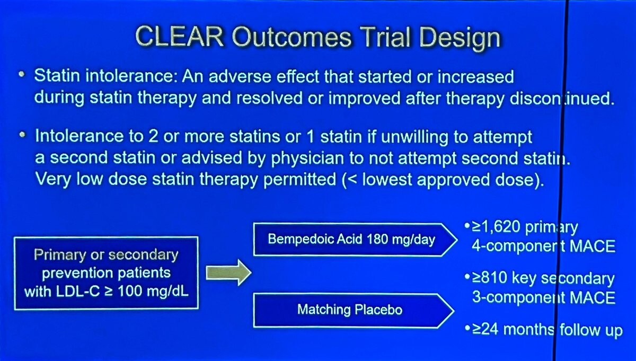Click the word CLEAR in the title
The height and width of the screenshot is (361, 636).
point(180,37)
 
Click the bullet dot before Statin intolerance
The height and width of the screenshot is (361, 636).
point(22,75)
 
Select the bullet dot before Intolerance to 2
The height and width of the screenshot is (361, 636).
point(22,135)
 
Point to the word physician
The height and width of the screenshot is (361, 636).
point(307,159)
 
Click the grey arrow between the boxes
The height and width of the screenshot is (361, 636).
point(228,272)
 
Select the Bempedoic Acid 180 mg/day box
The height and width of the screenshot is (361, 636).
point(355,240)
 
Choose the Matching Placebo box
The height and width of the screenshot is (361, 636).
point(354,311)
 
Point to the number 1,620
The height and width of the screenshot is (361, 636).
point(500,227)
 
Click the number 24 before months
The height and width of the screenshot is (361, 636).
point(490,330)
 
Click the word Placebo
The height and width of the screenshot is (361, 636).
point(378,310)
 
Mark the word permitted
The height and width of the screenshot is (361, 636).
point(300,180)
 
